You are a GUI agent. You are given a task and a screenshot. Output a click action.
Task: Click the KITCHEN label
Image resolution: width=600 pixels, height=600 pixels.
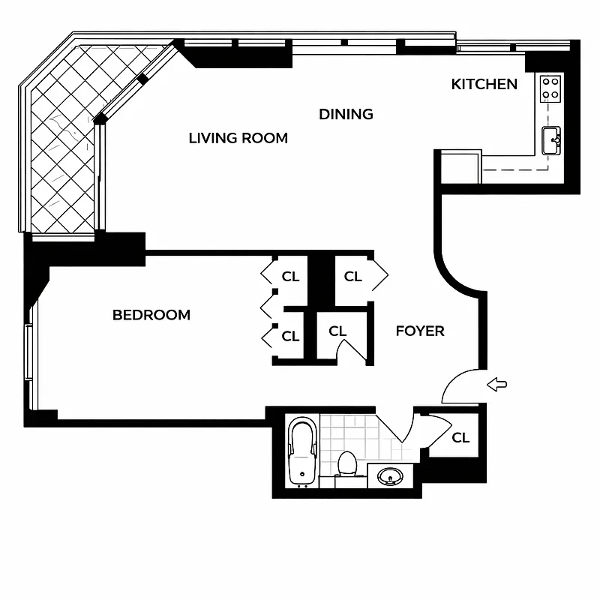(x=484, y=84)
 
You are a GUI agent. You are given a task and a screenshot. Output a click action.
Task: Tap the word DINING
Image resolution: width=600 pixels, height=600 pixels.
(x=346, y=114)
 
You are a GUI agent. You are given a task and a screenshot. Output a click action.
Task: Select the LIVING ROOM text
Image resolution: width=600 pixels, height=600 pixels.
(x=238, y=138)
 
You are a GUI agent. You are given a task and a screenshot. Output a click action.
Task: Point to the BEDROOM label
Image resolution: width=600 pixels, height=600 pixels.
(x=151, y=315)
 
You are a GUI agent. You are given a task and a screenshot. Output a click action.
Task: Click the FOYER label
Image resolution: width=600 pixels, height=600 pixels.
(x=420, y=331)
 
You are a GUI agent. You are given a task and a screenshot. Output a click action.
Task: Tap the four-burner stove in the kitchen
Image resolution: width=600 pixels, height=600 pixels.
(x=550, y=88)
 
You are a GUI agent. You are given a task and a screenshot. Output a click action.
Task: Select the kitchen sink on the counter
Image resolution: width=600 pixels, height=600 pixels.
(x=552, y=140)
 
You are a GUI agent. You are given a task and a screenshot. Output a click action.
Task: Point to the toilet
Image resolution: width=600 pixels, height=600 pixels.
(x=346, y=463)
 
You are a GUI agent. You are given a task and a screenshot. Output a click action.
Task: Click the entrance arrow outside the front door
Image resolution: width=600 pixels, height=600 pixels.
(x=497, y=385)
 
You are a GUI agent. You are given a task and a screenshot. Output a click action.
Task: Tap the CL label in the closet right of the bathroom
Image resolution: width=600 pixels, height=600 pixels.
(x=460, y=437)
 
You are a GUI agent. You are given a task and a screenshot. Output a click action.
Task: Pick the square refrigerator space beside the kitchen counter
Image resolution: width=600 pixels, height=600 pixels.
(x=459, y=167)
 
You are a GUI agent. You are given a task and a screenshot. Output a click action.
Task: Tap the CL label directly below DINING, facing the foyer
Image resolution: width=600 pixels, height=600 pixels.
(x=352, y=277)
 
